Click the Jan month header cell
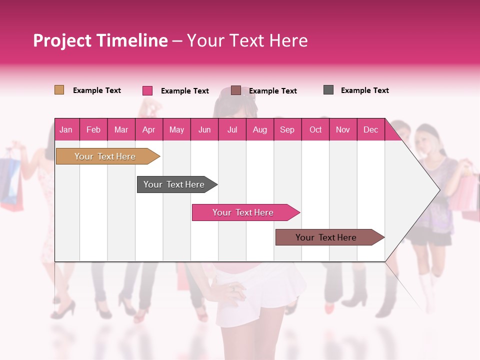coord(66,129)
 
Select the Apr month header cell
coord(149,129)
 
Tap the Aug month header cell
coord(260,129)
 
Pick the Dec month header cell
coord(370,129)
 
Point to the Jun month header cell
coord(204,129)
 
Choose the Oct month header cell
coord(315,129)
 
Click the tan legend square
coord(59,90)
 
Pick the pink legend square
coord(147,90)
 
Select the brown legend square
coord(236,90)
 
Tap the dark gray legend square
coord(328,90)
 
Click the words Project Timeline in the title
coord(100,40)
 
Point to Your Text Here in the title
coord(247,40)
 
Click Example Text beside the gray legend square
coord(364,90)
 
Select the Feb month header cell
coord(93,129)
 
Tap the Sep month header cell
coord(287,129)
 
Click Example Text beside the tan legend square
coord(97,90)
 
